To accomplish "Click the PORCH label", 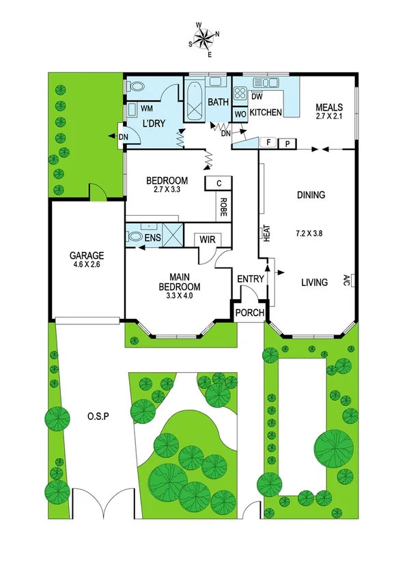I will click(247, 312).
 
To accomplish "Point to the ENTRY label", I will click(250, 279).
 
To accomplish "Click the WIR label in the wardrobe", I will click(206, 240).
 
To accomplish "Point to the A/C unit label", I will click(347, 280).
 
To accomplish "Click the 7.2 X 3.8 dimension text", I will click(309, 233).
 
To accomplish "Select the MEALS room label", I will click(328, 107).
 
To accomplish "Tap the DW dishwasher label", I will click(257, 96).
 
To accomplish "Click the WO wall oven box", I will click(240, 113).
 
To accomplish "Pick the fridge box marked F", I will click(270, 143).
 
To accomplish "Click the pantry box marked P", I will click(288, 143).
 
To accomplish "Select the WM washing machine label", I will click(146, 109).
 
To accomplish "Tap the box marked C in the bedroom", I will click(218, 183).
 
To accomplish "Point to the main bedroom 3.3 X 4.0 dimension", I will click(180, 296).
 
